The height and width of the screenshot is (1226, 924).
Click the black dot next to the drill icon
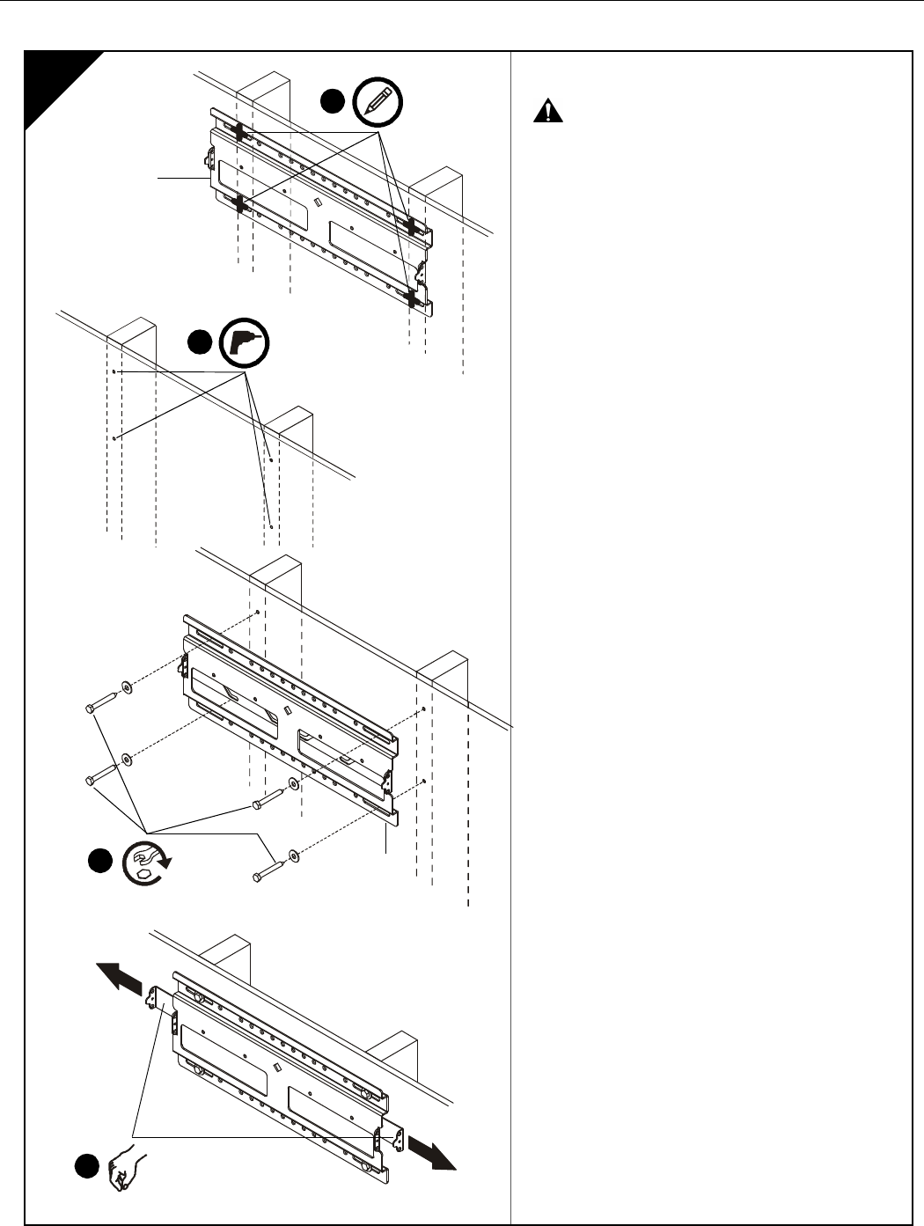point(201,342)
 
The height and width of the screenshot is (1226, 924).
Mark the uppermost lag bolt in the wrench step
point(104,702)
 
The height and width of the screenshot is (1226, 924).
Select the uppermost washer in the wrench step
point(129,685)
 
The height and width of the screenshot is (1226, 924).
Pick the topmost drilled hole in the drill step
point(115,373)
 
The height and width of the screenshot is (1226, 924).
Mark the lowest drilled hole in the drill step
point(271,527)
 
